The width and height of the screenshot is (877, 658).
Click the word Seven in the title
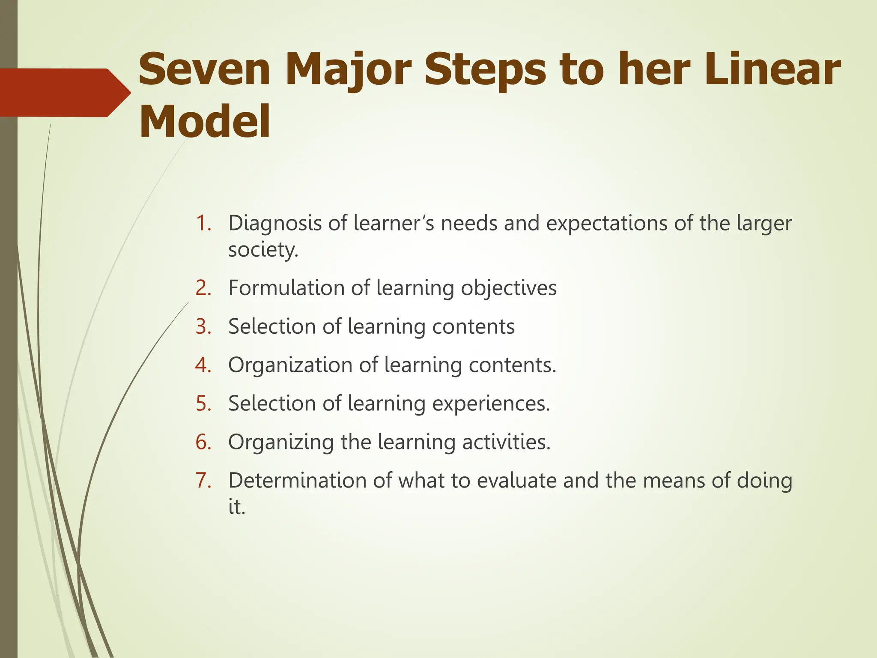(204, 69)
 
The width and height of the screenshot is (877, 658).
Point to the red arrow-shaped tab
(64, 93)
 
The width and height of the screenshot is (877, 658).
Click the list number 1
(203, 223)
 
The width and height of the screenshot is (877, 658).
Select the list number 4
(203, 365)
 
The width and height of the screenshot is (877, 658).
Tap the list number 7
(203, 481)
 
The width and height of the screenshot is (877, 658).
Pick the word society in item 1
(263, 250)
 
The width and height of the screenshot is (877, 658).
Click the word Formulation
(286, 288)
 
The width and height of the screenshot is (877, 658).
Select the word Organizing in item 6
(280, 443)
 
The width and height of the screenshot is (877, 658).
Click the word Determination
(297, 481)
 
